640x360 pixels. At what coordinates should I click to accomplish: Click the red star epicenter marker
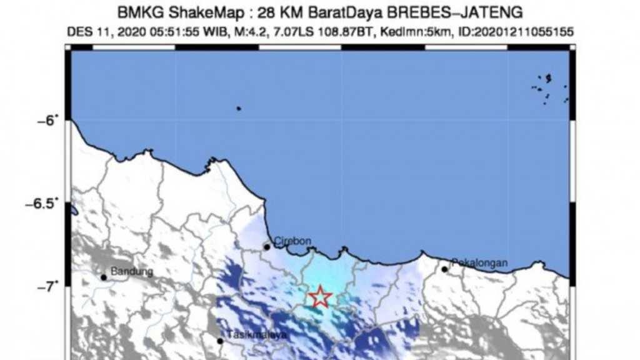coord(320,297)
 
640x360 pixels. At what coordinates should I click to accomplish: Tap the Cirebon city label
coord(292,241)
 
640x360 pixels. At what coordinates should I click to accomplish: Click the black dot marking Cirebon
coord(267,247)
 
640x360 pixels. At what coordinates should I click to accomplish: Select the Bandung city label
coord(131,271)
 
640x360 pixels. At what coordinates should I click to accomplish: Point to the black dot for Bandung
coord(104,277)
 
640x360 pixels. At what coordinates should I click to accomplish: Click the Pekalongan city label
coord(479,262)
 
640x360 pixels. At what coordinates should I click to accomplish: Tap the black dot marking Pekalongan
coord(444,269)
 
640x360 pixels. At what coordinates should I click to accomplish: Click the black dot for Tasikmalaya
coord(220,341)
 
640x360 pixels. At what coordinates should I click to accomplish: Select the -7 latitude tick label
coord(49,287)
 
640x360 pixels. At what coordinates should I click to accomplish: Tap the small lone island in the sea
coord(238,108)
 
